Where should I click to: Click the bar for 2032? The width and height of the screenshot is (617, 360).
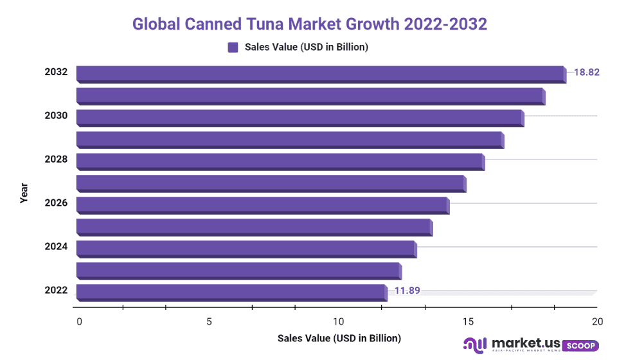pos(320,73)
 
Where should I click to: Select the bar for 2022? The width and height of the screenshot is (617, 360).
pos(231,292)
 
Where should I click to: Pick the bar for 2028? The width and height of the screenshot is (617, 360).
pos(280,161)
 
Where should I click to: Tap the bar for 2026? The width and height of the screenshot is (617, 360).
pos(262,204)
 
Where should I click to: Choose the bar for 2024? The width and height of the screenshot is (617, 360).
pos(246,248)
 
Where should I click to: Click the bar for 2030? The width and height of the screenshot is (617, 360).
pos(300,117)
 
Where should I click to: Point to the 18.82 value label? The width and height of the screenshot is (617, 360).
pos(586,72)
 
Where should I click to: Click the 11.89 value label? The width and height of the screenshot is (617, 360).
pos(407,291)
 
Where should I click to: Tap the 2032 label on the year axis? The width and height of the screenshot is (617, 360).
pos(56,72)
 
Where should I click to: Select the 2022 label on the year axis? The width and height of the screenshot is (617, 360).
pos(56,291)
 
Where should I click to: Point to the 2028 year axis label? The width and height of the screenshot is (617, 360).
pos(56,159)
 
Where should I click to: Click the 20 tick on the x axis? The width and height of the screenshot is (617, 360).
pos(597,321)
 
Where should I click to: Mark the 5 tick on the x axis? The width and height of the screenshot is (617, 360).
pos(209,321)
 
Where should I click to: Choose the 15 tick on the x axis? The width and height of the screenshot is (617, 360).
pos(467,321)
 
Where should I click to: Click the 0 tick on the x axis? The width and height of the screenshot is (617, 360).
pos(79,321)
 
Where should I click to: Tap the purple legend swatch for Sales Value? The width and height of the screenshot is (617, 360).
pos(233,47)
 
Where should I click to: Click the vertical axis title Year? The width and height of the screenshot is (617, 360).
pos(24,193)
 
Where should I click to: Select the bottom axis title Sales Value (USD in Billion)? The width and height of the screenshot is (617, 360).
pos(339,338)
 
